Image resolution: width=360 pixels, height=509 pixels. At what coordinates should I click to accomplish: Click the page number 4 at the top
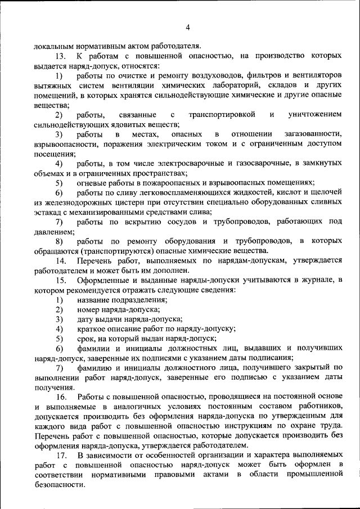click(188, 26)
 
